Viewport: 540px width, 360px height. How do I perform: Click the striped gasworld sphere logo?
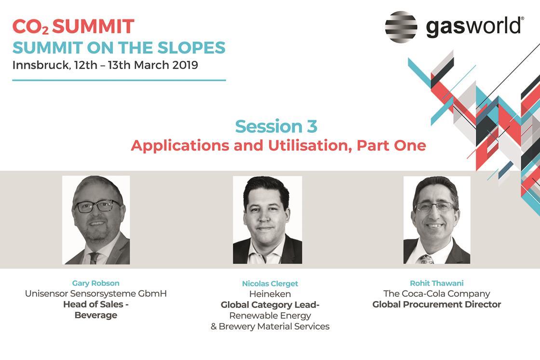(401, 27)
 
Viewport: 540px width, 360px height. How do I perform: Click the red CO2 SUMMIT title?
(73, 27)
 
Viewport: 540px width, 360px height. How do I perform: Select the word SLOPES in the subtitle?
(191, 48)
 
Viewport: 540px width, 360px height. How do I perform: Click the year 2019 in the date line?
(185, 65)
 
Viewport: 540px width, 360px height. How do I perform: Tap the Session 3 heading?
(276, 126)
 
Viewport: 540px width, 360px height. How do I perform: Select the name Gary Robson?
(96, 283)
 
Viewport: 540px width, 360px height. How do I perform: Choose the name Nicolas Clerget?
(270, 283)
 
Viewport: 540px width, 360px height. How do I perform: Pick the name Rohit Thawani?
(437, 283)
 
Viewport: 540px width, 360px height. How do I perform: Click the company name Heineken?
(270, 294)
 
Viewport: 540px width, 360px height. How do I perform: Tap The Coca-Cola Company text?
(437, 293)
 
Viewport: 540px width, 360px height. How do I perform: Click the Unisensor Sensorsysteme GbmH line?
(96, 293)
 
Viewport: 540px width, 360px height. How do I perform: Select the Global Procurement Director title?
(437, 304)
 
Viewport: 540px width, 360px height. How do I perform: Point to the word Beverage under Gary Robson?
(96, 315)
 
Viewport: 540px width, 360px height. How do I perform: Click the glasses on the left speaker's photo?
(97, 206)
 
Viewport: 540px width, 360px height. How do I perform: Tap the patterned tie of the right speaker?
(425, 259)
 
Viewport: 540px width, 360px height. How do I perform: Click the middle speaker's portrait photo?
(268, 220)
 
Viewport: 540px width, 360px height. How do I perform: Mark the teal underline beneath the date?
(119, 80)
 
